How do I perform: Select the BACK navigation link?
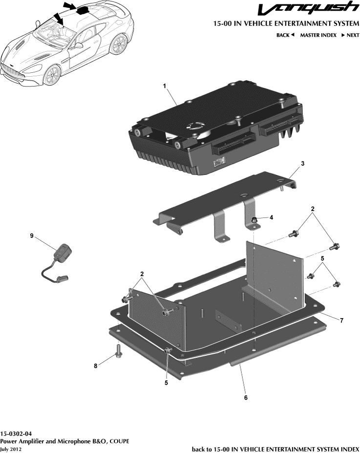285,35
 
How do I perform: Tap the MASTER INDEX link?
318,35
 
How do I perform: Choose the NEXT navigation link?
350,35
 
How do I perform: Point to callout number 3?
302,164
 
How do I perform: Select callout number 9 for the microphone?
32,236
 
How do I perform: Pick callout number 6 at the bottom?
246,398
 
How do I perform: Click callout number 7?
341,321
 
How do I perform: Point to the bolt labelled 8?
119,351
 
